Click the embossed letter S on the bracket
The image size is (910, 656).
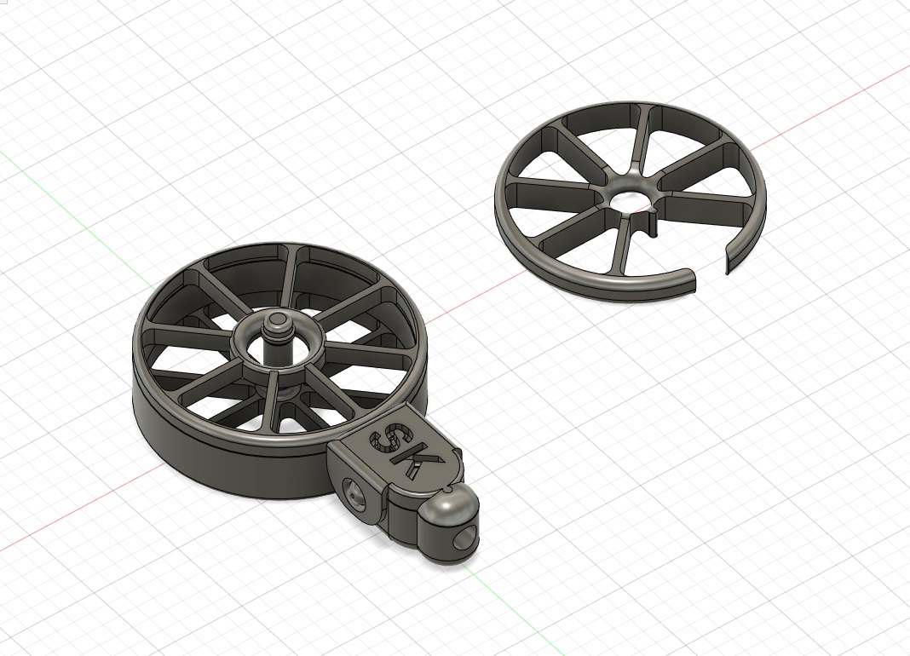tap(389, 439)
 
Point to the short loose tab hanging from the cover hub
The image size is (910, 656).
tap(650, 226)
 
